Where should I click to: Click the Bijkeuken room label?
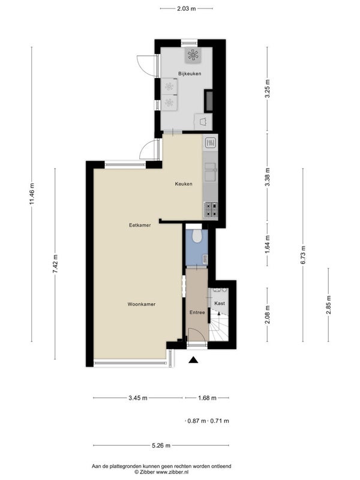pos(190,73)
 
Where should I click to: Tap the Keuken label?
pos(184,184)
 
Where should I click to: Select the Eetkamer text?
pos(140,225)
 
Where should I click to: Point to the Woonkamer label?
pos(142,304)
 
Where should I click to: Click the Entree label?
pos(197,313)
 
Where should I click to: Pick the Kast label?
pos(220,304)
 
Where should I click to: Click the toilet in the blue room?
pos(197,235)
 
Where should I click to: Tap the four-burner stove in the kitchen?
pos(211,209)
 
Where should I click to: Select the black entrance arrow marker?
pos(193,360)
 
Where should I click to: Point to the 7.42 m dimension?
pos(55,264)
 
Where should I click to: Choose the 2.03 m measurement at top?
pos(186,8)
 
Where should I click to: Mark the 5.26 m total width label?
pos(161,445)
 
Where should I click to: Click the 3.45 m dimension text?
pos(138,398)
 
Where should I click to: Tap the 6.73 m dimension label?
pos(303,254)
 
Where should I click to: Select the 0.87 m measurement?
pos(197,421)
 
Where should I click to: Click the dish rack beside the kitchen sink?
pos(211,142)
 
